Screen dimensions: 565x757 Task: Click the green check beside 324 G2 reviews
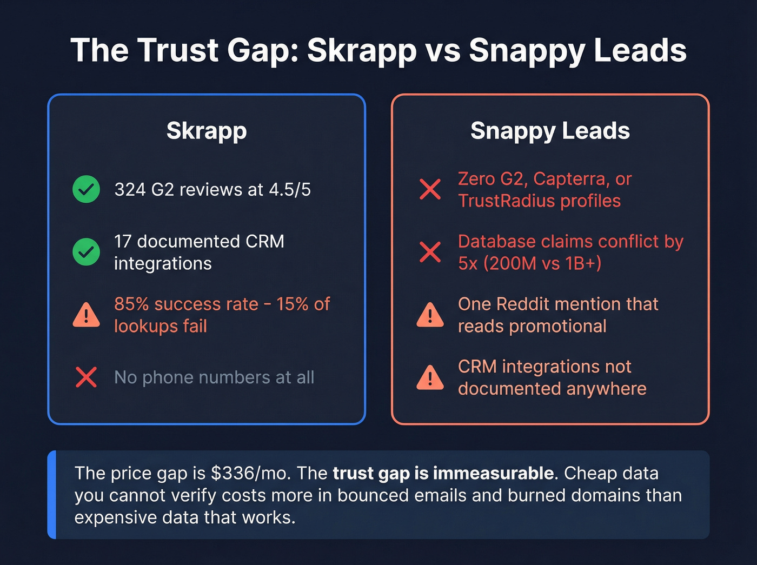(x=86, y=189)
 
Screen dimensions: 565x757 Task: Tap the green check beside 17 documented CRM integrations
(x=86, y=252)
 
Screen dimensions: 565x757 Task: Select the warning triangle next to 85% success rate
(x=86, y=316)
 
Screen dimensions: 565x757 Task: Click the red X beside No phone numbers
(x=86, y=377)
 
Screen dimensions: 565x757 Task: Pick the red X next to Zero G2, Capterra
(x=430, y=189)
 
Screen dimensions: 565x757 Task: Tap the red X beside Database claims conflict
(x=430, y=252)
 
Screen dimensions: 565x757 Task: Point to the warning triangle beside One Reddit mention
(x=430, y=316)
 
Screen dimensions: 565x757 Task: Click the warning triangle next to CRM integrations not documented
(x=430, y=378)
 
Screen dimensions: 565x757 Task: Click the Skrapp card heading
(x=207, y=131)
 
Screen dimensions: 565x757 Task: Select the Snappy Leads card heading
(x=550, y=131)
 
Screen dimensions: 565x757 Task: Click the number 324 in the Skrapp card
(x=130, y=190)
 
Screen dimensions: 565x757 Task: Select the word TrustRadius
(x=506, y=201)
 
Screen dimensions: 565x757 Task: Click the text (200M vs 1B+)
(x=542, y=263)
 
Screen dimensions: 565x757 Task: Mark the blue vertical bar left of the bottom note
(x=52, y=495)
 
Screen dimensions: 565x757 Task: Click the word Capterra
(x=572, y=179)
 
